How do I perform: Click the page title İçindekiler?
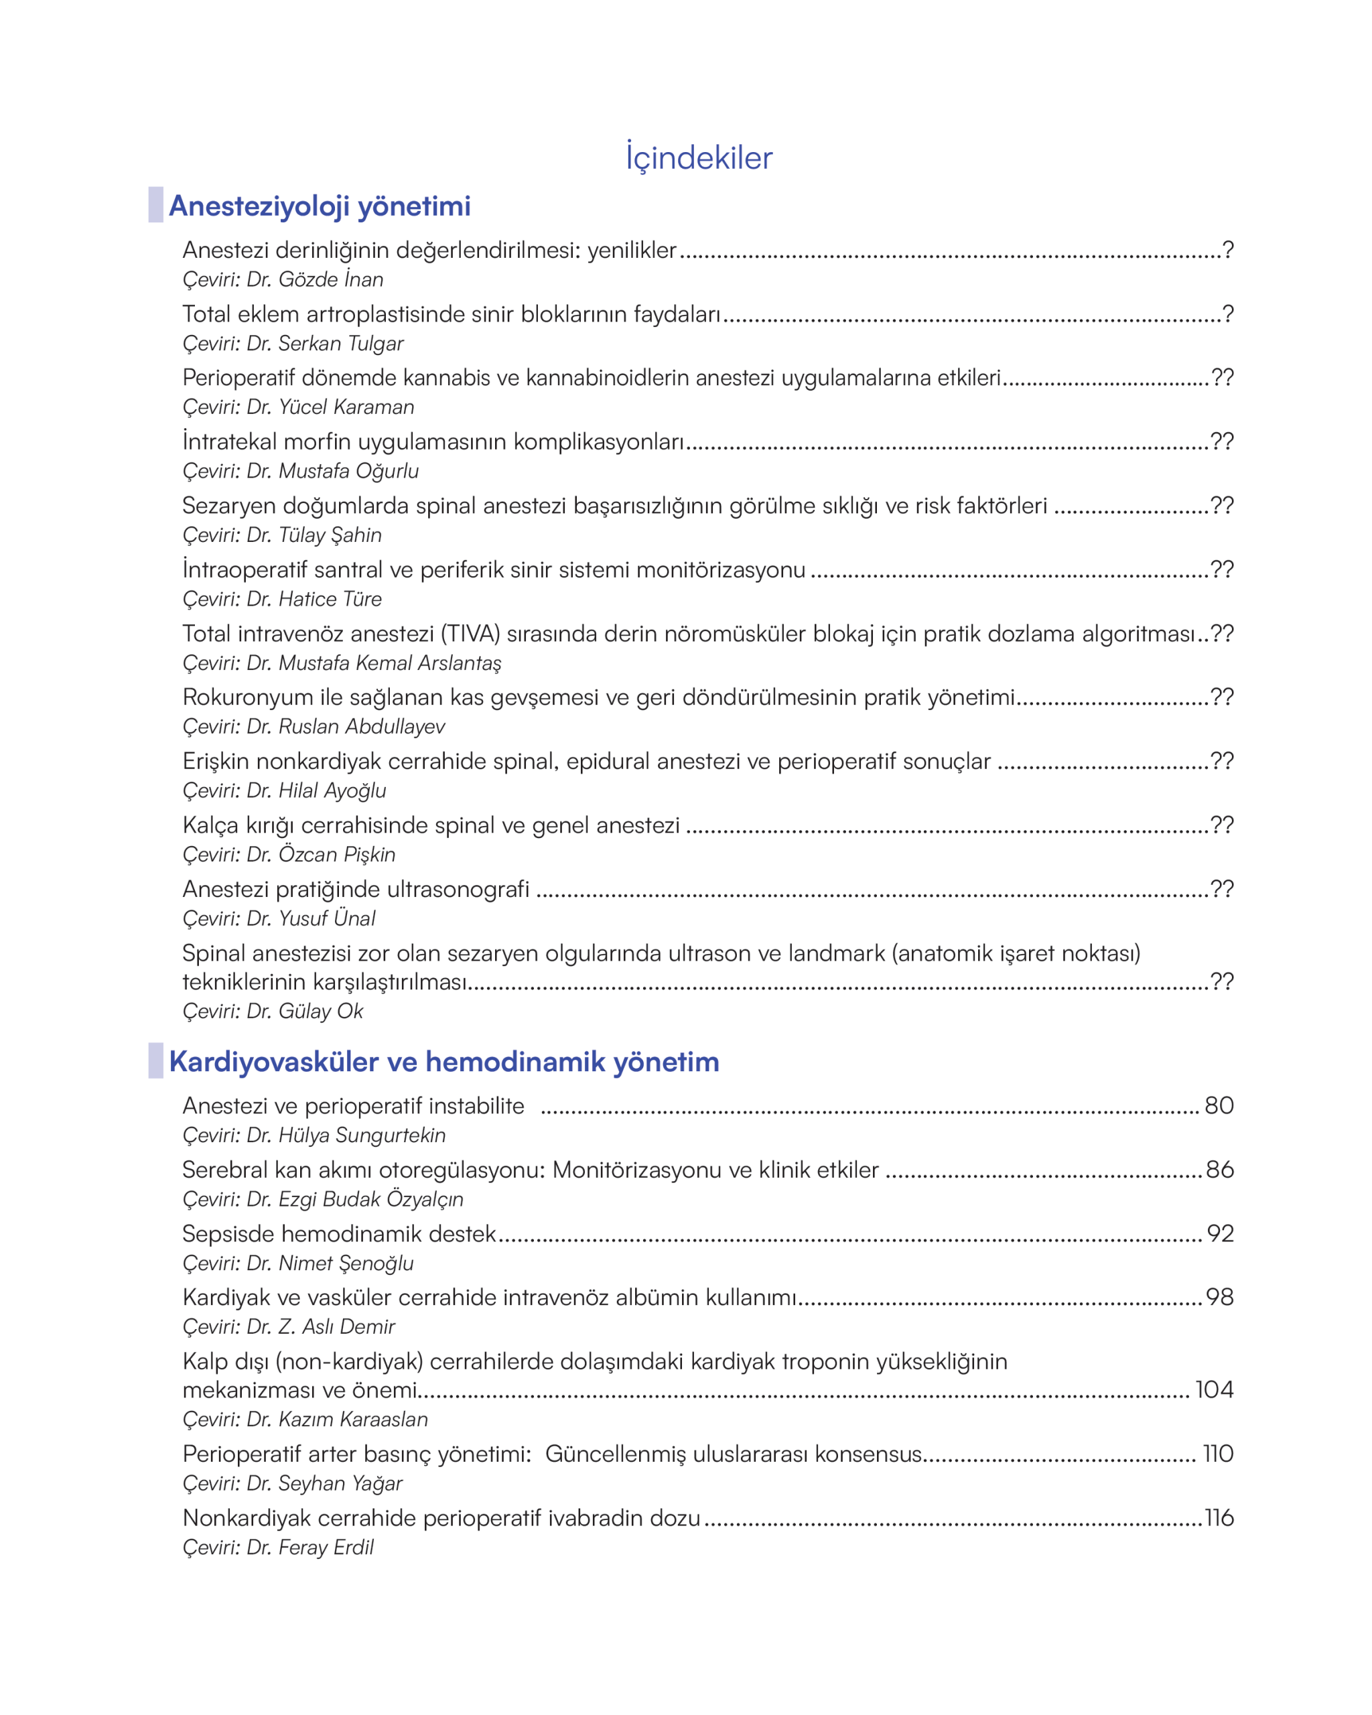click(x=698, y=157)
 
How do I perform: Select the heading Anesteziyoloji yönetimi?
click(x=320, y=206)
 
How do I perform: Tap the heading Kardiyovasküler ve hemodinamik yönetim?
click(x=443, y=1061)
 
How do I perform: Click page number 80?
click(x=1219, y=1105)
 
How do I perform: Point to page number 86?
click(x=1219, y=1169)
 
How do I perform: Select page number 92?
click(x=1220, y=1233)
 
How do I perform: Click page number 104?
click(x=1214, y=1389)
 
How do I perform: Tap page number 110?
click(x=1218, y=1453)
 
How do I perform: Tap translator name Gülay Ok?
click(x=320, y=1011)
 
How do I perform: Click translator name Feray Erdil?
click(x=326, y=1547)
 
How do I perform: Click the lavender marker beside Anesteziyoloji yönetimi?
click(x=156, y=205)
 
